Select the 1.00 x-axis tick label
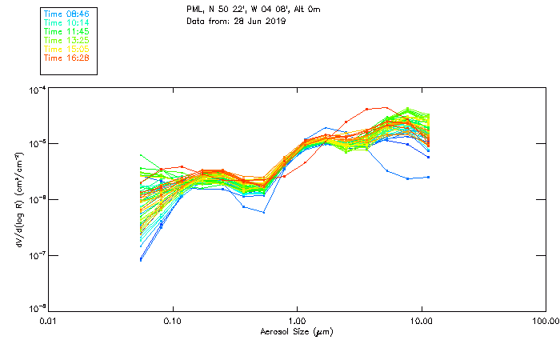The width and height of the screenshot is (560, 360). (298, 321)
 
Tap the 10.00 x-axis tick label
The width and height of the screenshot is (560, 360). (421, 321)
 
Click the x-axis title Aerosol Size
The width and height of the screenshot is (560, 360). (296, 331)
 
